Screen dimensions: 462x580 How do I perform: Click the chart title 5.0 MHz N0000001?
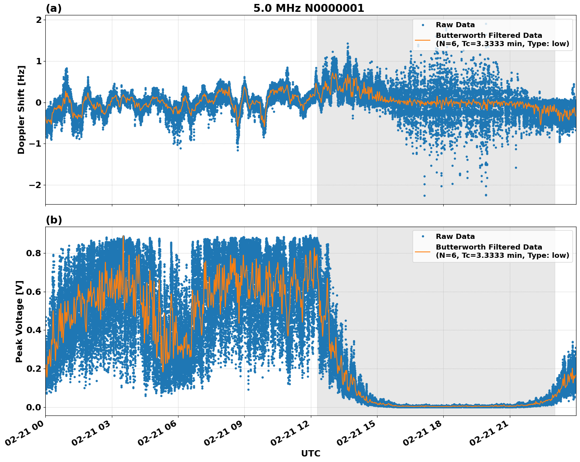click(309, 8)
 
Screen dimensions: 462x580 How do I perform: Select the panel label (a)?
click(54, 8)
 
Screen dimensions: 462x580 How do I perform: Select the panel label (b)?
click(54, 220)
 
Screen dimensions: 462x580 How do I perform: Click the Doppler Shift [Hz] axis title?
click(21, 110)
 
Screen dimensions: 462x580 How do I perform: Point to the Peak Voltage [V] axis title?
click(19, 321)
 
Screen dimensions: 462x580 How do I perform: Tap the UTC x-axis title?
click(310, 453)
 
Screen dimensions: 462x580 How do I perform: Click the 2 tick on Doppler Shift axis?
click(39, 20)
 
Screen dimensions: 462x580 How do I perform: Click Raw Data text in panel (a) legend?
click(455, 25)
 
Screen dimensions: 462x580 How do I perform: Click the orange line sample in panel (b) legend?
click(423, 251)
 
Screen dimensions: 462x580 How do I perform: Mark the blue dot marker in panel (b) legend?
click(423, 237)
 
